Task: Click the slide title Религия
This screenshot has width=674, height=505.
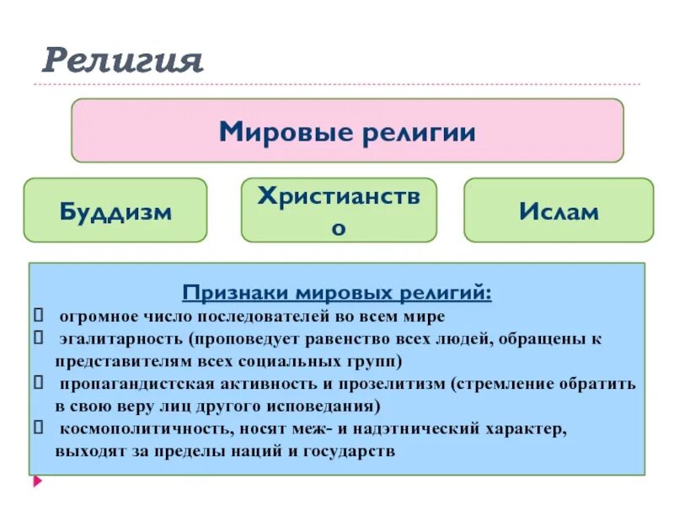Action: coord(123,61)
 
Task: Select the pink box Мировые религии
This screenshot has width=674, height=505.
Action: coord(347,130)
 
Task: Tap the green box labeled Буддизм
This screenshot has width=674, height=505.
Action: coord(115,210)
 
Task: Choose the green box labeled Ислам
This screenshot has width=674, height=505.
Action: coord(559,210)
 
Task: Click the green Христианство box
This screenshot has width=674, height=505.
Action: coord(339,210)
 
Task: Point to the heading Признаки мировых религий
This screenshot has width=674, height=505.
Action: coord(337,293)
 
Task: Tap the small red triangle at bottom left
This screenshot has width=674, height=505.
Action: coord(37,482)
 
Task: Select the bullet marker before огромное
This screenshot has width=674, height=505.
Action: coord(38,316)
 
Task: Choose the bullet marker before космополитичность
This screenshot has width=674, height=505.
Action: coord(38,428)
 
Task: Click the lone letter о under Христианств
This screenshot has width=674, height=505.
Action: coord(339,228)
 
